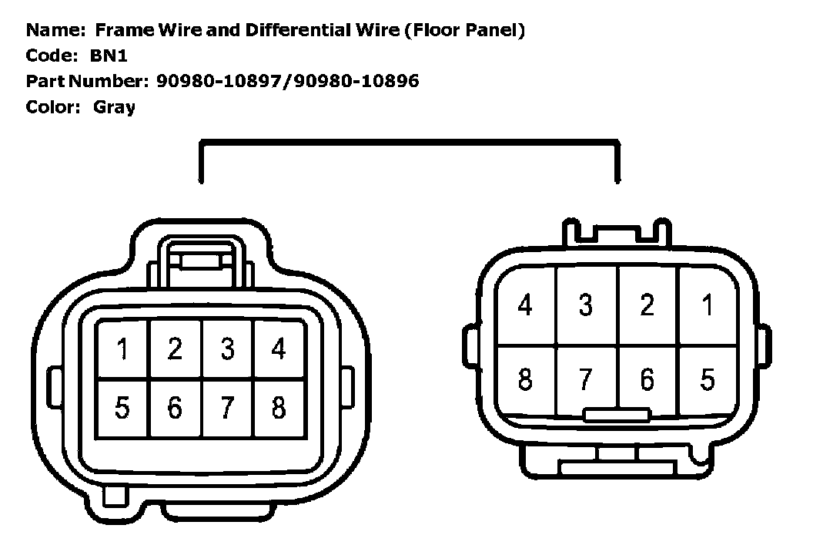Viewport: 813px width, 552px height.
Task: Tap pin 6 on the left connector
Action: pos(175,406)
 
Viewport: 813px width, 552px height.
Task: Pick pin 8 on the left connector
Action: pos(279,406)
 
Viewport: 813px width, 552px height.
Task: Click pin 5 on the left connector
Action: pos(122,406)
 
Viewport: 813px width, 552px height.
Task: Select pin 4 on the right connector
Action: pos(525,305)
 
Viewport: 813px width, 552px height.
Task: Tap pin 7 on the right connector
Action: pos(586,379)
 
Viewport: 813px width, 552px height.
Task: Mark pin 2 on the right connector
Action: pos(647,305)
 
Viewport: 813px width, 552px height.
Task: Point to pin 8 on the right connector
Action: pos(525,379)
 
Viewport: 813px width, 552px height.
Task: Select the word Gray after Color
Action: pos(114,106)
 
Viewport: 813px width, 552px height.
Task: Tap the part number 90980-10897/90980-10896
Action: pos(287,81)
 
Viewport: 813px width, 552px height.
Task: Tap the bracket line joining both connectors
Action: pos(408,142)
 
